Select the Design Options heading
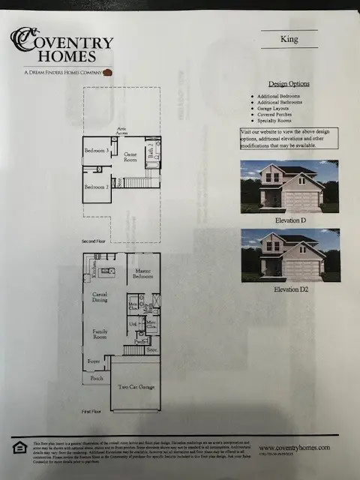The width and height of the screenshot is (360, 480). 289,84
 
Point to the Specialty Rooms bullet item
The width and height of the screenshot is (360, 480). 276,121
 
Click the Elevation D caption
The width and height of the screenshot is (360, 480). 289,222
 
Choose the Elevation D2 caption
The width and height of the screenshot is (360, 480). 289,289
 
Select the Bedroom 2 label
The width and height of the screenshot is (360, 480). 97,186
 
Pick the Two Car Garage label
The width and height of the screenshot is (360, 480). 136,388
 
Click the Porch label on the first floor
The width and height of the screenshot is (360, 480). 97,379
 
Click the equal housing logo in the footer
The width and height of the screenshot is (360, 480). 18,448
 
